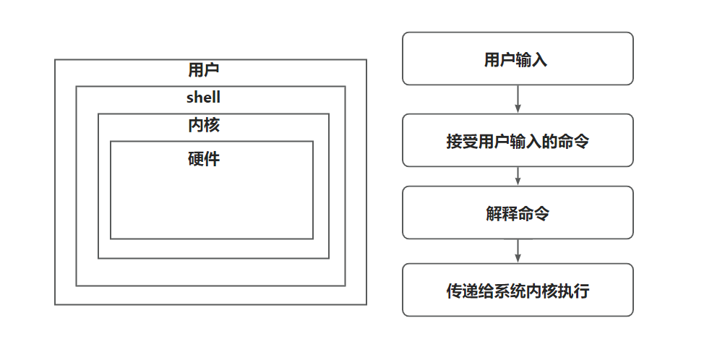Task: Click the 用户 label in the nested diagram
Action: [x=203, y=70]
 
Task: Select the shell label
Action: [x=203, y=98]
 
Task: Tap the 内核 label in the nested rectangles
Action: [x=203, y=125]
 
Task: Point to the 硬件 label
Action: [x=203, y=159]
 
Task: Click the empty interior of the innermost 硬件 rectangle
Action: [x=211, y=202]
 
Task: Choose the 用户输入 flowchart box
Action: [x=518, y=59]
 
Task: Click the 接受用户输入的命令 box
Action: [x=518, y=140]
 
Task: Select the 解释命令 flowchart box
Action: [x=518, y=213]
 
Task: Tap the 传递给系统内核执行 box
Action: [x=518, y=290]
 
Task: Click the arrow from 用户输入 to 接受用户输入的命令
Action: [x=518, y=99]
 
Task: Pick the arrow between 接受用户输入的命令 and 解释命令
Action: [x=518, y=176]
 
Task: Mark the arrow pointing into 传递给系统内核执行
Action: [x=518, y=251]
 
